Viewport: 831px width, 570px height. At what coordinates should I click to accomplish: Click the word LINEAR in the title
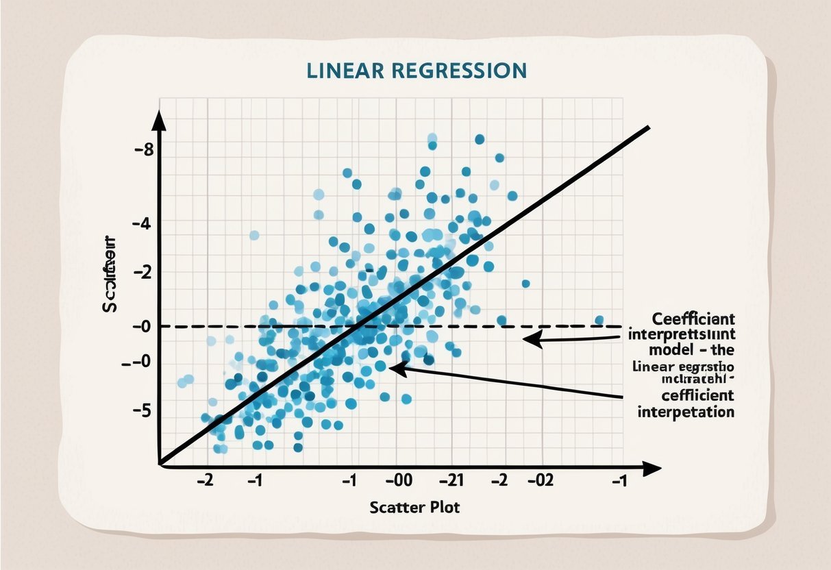[343, 71]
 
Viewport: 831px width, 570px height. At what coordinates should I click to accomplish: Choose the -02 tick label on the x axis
[539, 480]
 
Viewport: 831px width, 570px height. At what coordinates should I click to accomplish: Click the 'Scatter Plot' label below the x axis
[414, 508]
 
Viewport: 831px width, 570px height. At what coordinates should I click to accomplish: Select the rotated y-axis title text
[110, 274]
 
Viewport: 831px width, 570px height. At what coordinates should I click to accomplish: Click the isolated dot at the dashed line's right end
[599, 320]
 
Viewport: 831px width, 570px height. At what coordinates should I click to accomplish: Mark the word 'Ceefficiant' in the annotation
[693, 319]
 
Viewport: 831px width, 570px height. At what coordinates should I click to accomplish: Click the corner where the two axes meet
[160, 466]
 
